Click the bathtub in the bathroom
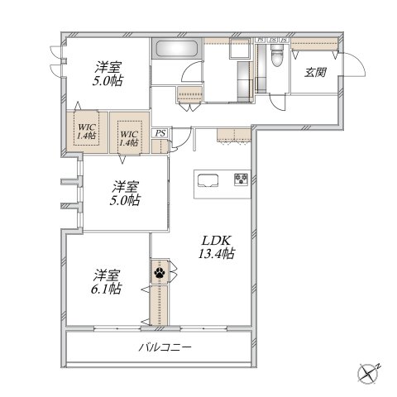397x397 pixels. coord(175,49)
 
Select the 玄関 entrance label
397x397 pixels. coord(315,73)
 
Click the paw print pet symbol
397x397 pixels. coord(159,270)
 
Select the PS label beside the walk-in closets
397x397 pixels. coord(160,133)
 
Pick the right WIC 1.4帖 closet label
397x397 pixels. coord(128,136)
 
